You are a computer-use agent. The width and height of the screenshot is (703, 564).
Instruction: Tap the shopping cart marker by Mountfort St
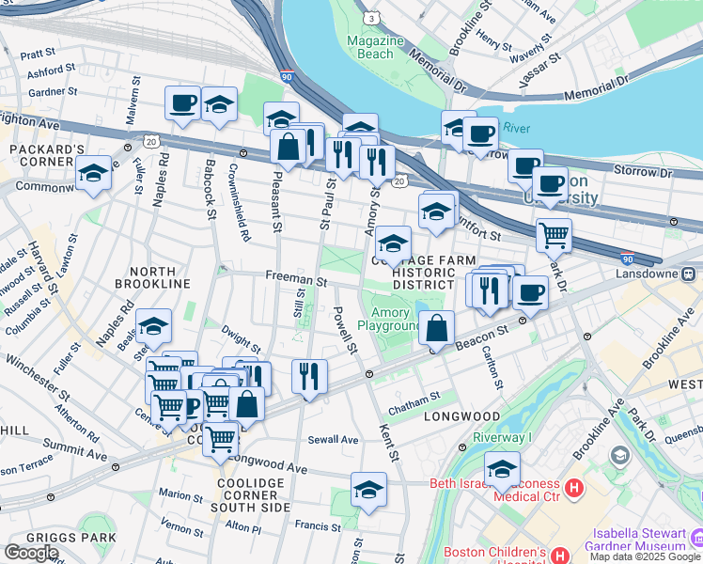tap(554, 235)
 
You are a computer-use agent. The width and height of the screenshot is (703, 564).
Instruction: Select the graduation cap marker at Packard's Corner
tap(94, 175)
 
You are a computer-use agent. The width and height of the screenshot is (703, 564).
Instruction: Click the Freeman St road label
tap(295, 280)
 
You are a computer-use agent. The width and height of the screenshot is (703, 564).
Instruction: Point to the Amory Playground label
tap(396, 320)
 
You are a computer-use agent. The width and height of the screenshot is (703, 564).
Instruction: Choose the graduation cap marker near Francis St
tap(368, 489)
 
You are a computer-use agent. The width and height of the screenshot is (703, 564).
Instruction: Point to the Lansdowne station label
tap(672, 274)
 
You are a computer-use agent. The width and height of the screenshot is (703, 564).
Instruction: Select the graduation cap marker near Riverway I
tap(502, 468)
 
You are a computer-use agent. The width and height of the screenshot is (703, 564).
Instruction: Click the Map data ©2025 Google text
tap(645, 556)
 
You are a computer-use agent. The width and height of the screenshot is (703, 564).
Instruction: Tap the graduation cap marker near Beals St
tap(153, 326)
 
